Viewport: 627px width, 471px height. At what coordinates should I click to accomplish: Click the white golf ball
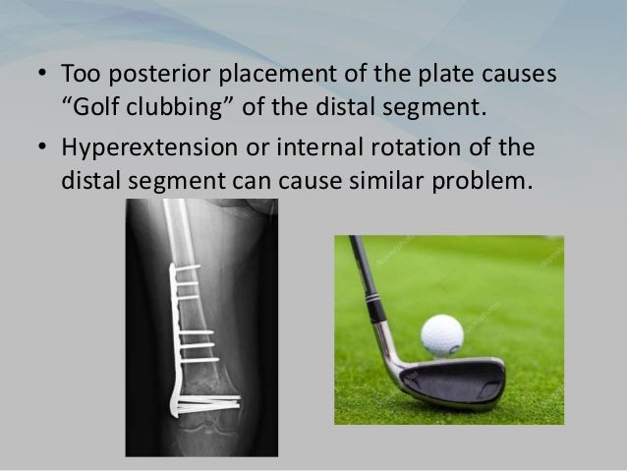coord(442,336)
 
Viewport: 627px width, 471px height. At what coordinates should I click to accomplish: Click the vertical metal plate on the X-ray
coord(174,334)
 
